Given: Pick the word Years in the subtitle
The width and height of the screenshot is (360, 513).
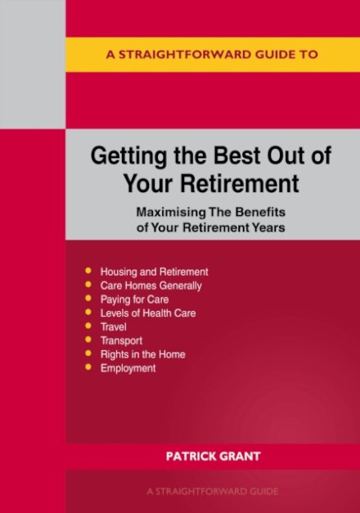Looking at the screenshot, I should tap(269, 227).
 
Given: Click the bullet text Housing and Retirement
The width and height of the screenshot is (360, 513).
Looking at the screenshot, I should tap(154, 272).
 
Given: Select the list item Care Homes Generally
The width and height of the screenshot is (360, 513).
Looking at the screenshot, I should tap(151, 286).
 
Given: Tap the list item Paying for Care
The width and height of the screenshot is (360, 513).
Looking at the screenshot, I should tap(134, 299).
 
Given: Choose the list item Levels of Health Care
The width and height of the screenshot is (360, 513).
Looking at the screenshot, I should tap(147, 313).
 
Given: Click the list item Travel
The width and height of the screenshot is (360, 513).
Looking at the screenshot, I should tap(113, 327).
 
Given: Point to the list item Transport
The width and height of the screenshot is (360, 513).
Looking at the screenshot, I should tap(121, 341).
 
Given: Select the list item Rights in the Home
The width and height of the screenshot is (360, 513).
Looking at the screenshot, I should tap(142, 355).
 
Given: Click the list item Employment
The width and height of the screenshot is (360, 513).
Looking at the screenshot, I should tap(128, 369).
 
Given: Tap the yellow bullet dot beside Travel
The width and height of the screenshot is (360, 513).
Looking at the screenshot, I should tap(88, 327).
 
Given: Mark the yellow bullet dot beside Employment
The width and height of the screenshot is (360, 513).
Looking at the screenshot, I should tap(88, 369).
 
